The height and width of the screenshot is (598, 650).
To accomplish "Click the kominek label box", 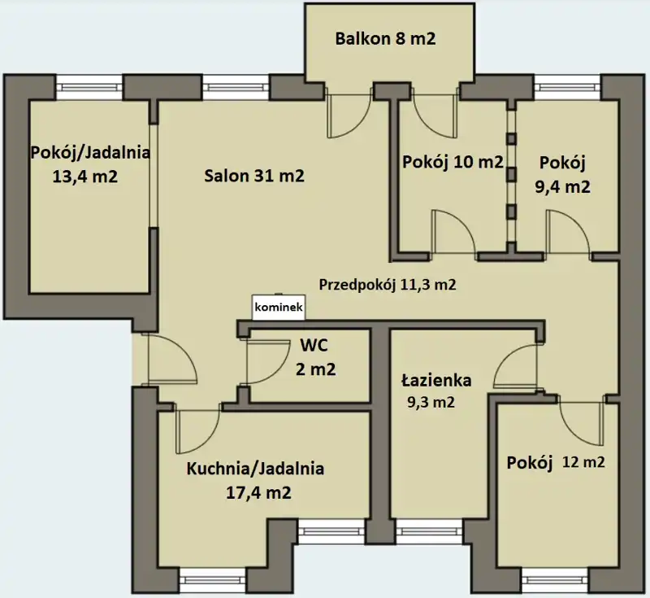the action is (x=279, y=308).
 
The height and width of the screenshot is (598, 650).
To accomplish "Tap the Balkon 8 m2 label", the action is (x=385, y=38).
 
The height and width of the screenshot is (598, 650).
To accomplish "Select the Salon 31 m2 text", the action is (x=254, y=176).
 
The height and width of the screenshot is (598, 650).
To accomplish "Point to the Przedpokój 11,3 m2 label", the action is (x=388, y=284).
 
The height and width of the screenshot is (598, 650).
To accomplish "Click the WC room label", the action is (x=314, y=345).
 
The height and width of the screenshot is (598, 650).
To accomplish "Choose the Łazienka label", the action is (x=436, y=380).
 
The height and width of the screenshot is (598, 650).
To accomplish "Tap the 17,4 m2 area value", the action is (x=258, y=492).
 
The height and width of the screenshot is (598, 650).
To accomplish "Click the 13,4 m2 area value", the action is (x=85, y=177).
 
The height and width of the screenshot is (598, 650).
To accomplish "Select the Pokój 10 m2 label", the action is (x=453, y=162).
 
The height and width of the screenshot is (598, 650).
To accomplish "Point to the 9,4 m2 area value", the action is (x=562, y=187).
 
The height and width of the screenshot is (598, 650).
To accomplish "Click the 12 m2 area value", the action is (x=583, y=462).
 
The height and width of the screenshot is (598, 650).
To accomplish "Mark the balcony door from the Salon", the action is (x=349, y=112).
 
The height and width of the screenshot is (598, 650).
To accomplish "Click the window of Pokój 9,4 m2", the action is (x=567, y=87).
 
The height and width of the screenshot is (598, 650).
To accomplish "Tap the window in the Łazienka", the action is (x=430, y=532).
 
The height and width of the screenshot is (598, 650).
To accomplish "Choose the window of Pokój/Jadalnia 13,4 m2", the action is (x=89, y=87).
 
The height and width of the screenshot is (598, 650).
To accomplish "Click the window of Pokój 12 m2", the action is (x=555, y=581).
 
